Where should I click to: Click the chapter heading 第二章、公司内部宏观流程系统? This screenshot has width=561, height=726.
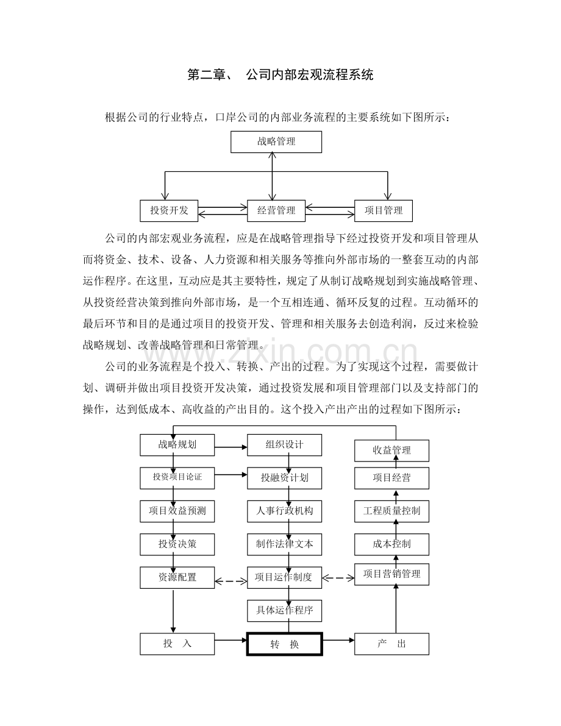(x=280, y=74)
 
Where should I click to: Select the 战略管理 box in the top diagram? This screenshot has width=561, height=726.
(x=276, y=141)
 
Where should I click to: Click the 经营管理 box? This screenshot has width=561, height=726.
(x=276, y=211)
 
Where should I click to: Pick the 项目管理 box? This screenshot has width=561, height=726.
(x=383, y=211)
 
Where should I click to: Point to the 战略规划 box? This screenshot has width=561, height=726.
(x=177, y=445)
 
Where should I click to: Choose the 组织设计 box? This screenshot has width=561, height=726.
(x=284, y=445)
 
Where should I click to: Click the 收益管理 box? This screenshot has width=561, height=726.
(x=391, y=450)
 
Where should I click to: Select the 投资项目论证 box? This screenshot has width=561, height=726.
(x=177, y=478)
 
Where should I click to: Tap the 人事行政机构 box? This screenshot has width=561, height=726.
(x=284, y=511)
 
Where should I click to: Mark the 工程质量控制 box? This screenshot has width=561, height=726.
(x=391, y=511)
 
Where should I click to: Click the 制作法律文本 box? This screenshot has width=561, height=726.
(x=284, y=544)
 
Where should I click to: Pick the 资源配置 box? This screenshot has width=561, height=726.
(x=177, y=577)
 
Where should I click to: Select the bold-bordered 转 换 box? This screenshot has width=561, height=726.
(x=284, y=644)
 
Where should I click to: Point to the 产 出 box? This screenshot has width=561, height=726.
(x=391, y=644)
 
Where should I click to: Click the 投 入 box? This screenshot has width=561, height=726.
(x=177, y=644)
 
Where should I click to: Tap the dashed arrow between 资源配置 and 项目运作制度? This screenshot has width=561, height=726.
(x=230, y=581)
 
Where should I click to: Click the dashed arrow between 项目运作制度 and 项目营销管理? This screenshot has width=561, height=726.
(x=338, y=578)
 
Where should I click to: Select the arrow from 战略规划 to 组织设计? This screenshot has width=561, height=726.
(x=230, y=447)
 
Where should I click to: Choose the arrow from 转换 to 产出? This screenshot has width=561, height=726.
(x=338, y=640)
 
